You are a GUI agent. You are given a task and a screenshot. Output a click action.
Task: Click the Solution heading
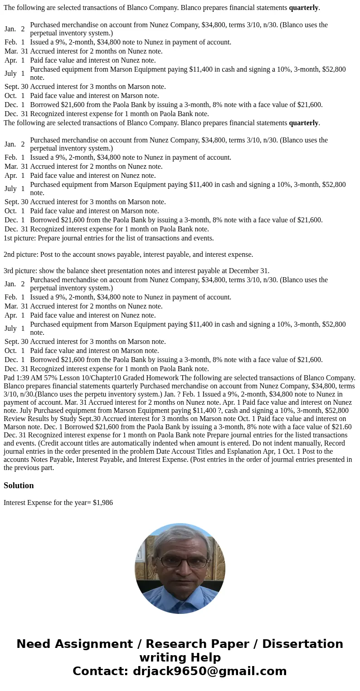click(19, 485)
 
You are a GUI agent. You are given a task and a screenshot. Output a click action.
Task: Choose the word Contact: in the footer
click(100, 671)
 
